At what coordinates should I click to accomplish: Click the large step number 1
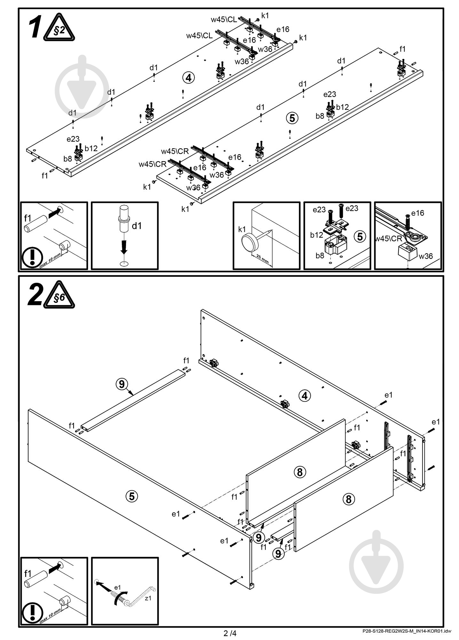(x=35, y=28)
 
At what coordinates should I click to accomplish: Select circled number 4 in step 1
(x=189, y=77)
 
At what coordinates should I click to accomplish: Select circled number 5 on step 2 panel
(x=132, y=496)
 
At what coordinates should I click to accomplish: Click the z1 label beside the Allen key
(x=148, y=598)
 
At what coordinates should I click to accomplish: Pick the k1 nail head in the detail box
(x=250, y=242)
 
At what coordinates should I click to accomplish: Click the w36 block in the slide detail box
(x=408, y=252)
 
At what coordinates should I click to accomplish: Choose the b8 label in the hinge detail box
(x=320, y=255)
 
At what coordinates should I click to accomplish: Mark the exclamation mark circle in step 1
(x=32, y=257)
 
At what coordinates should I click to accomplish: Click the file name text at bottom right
(x=407, y=631)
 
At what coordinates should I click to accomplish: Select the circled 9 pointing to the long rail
(x=122, y=384)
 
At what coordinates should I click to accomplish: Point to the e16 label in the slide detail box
(x=417, y=213)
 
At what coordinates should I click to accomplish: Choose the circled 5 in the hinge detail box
(x=360, y=236)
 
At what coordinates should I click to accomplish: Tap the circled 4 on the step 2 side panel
(x=305, y=396)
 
